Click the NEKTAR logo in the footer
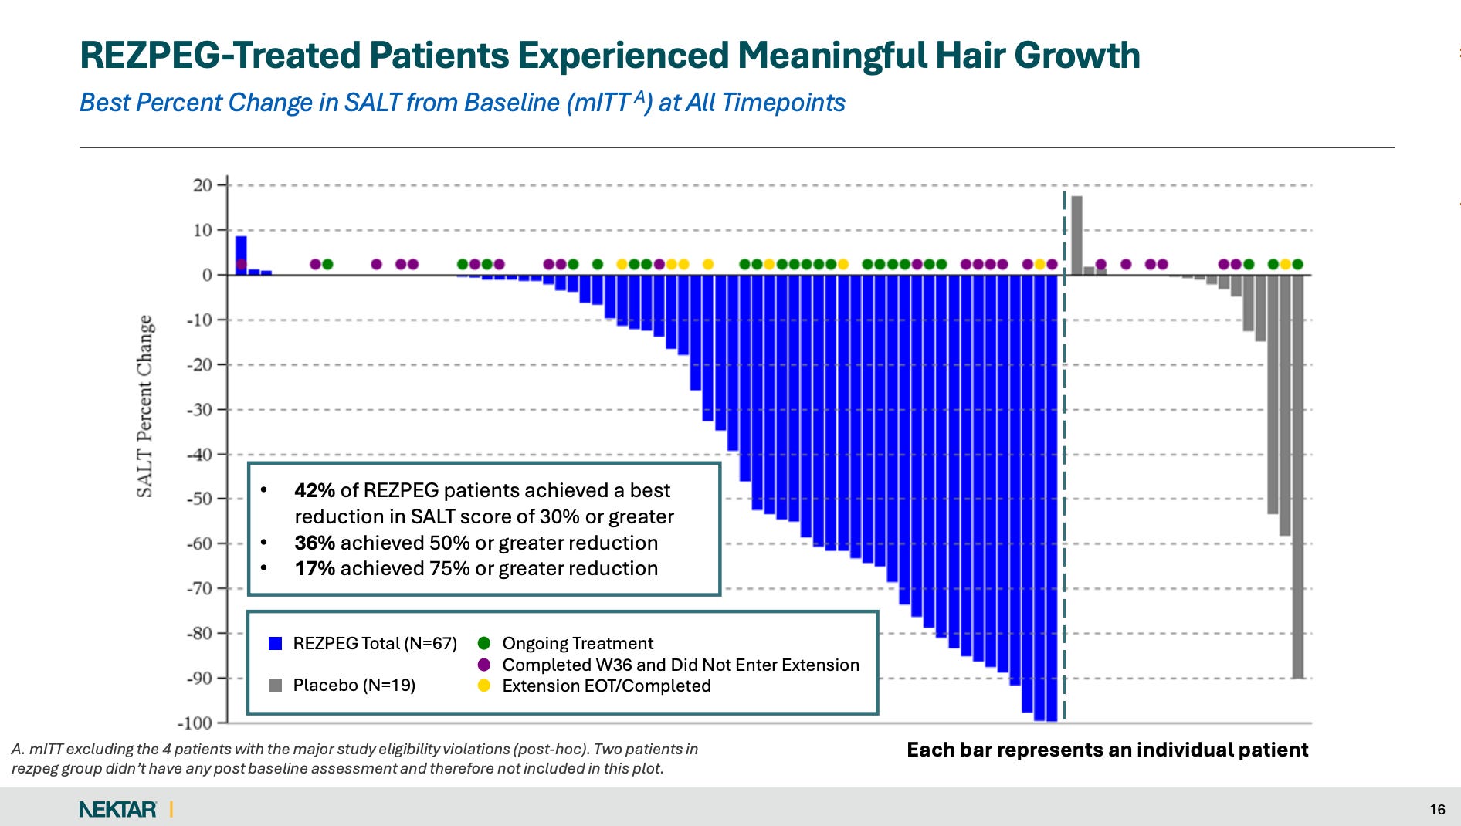coord(117,809)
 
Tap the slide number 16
coord(1437,809)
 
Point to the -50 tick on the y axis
coord(222,499)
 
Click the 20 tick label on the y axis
coord(202,185)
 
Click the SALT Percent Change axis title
coord(144,406)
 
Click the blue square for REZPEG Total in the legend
coord(275,643)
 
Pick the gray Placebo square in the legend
coord(275,685)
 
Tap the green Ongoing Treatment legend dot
coord(484,643)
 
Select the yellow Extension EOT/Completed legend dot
coord(484,686)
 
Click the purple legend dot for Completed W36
coord(484,665)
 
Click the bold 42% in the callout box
coord(314,490)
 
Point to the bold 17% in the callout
coord(314,568)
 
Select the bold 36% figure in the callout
coord(314,543)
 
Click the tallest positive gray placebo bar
coord(1076,235)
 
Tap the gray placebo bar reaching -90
coord(1298,476)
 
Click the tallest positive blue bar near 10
coord(242,256)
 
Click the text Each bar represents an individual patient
coord(1107,750)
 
